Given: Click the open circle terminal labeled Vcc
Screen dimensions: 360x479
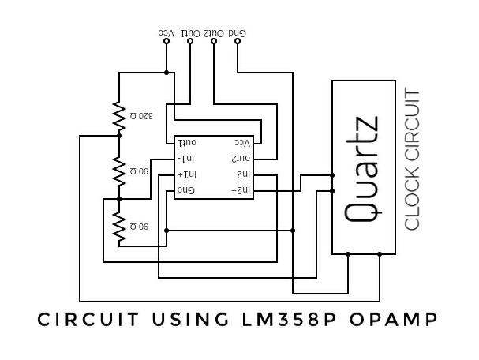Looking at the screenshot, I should (x=167, y=41).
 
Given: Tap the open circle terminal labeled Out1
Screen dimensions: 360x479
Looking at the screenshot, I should (x=190, y=41).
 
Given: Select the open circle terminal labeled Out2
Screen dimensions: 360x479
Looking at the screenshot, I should (x=214, y=41).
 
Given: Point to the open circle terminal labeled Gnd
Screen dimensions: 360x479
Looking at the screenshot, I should (x=238, y=41).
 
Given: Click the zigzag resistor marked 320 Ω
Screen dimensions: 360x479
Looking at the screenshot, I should (x=119, y=117).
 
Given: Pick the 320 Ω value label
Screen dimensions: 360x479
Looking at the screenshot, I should (x=140, y=117).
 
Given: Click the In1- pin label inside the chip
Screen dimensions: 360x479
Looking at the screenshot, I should (x=186, y=159).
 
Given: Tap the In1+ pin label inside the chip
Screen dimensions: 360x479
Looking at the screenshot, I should (x=187, y=174).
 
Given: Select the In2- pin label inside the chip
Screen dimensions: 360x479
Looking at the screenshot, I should (x=242, y=174).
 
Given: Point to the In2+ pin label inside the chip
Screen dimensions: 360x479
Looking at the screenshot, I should (x=241, y=190).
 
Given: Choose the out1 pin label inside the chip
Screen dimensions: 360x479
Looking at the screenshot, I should (x=187, y=143).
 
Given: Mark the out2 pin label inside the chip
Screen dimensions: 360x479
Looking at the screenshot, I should (x=241, y=159).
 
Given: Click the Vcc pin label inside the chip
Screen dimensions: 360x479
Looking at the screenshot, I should (x=242, y=143).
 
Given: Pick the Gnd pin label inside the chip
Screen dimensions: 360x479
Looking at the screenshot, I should (x=185, y=190).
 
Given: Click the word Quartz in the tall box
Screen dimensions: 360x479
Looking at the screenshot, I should (x=362, y=167).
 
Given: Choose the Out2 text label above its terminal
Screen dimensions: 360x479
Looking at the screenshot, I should (x=215, y=32).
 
